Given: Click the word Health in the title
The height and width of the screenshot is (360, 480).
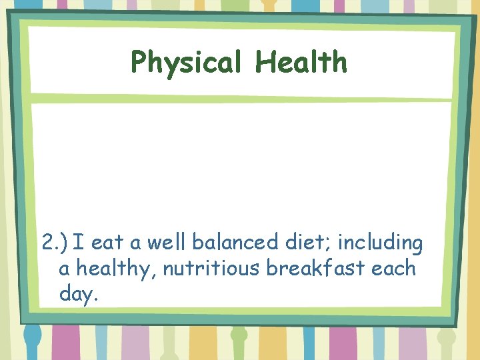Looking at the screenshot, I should click(301, 62).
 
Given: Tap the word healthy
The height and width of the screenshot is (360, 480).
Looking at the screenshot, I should click(116, 269).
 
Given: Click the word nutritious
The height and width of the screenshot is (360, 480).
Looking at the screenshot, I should click(211, 269).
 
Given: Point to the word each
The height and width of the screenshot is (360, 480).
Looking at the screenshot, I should click(393, 269).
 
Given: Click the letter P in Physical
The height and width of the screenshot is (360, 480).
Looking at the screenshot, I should click(139, 63).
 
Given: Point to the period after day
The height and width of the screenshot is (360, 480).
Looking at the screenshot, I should click(97, 298).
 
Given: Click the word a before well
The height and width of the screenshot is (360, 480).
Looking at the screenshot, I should click(138, 246).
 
